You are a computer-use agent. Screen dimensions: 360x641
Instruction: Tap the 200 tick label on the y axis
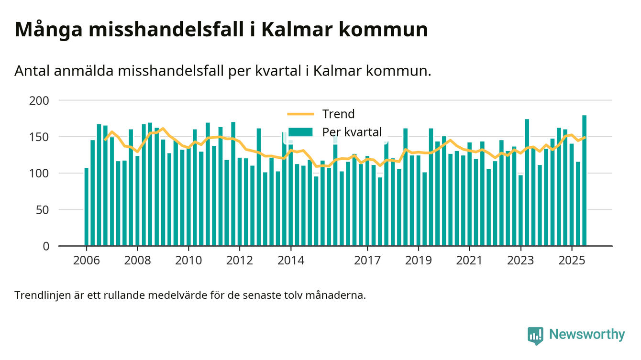pos(40,100)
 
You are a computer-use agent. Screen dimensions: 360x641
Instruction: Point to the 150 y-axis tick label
pos(40,137)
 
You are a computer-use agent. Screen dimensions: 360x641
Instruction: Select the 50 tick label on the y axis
pos(43,209)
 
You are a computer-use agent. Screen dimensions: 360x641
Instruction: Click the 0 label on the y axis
pos(46,246)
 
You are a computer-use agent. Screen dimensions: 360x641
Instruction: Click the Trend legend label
pos(338,114)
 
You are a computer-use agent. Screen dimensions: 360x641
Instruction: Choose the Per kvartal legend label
pos(352,132)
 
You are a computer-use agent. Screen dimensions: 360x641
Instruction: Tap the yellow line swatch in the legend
pos(300,114)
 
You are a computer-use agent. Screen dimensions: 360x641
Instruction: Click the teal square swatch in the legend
pos(300,132)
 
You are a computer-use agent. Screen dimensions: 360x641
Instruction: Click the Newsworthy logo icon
pos(535,335)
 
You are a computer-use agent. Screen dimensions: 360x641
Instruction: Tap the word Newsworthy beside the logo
pos(587,335)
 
